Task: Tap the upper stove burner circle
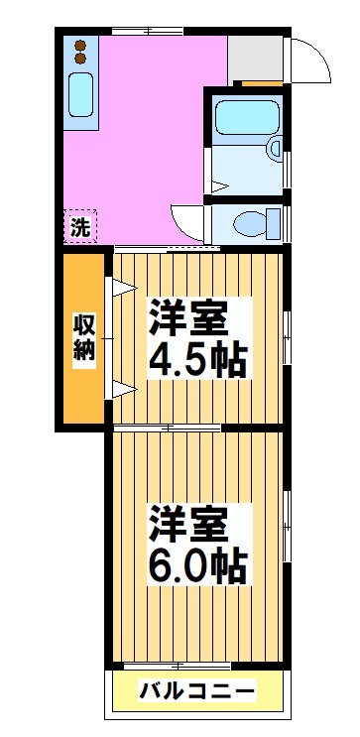click(x=80, y=45)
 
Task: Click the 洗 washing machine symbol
click(x=80, y=226)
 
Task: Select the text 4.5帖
click(x=197, y=360)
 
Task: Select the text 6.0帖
click(x=197, y=566)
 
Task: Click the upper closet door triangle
click(x=121, y=290)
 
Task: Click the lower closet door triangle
click(x=121, y=388)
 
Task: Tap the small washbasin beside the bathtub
click(x=274, y=149)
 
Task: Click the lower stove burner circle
click(x=80, y=59)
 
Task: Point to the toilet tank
click(x=276, y=223)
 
